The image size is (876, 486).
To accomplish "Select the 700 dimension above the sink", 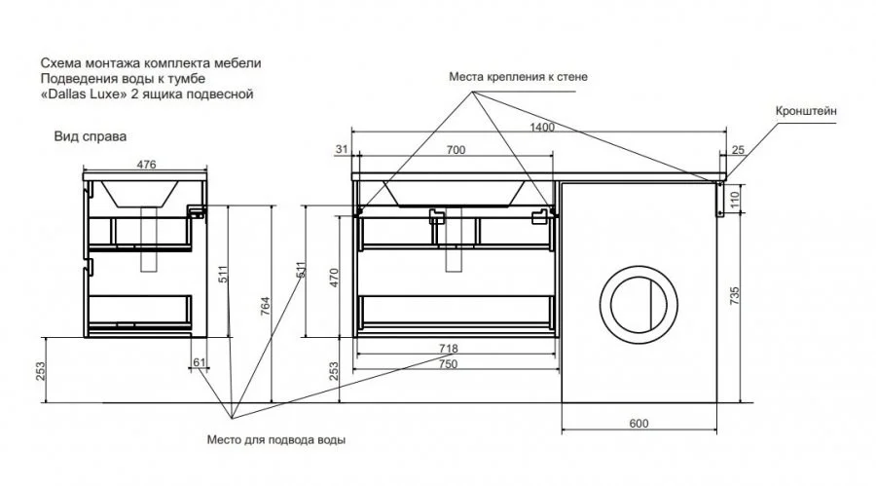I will click(455, 149).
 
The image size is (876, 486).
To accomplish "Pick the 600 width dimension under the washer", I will click(639, 423).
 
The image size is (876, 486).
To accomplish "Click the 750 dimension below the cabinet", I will click(449, 363).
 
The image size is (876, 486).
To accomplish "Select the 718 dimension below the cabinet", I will click(449, 348).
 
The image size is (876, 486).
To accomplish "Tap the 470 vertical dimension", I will click(334, 276).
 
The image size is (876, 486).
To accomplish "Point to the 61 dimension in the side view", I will click(200, 362).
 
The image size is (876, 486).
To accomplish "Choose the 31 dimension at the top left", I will click(341, 149).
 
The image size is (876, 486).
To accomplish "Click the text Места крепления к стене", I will click(518, 76).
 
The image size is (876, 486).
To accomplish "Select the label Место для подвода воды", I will click(275, 439).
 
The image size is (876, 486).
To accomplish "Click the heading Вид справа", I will click(91, 137).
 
